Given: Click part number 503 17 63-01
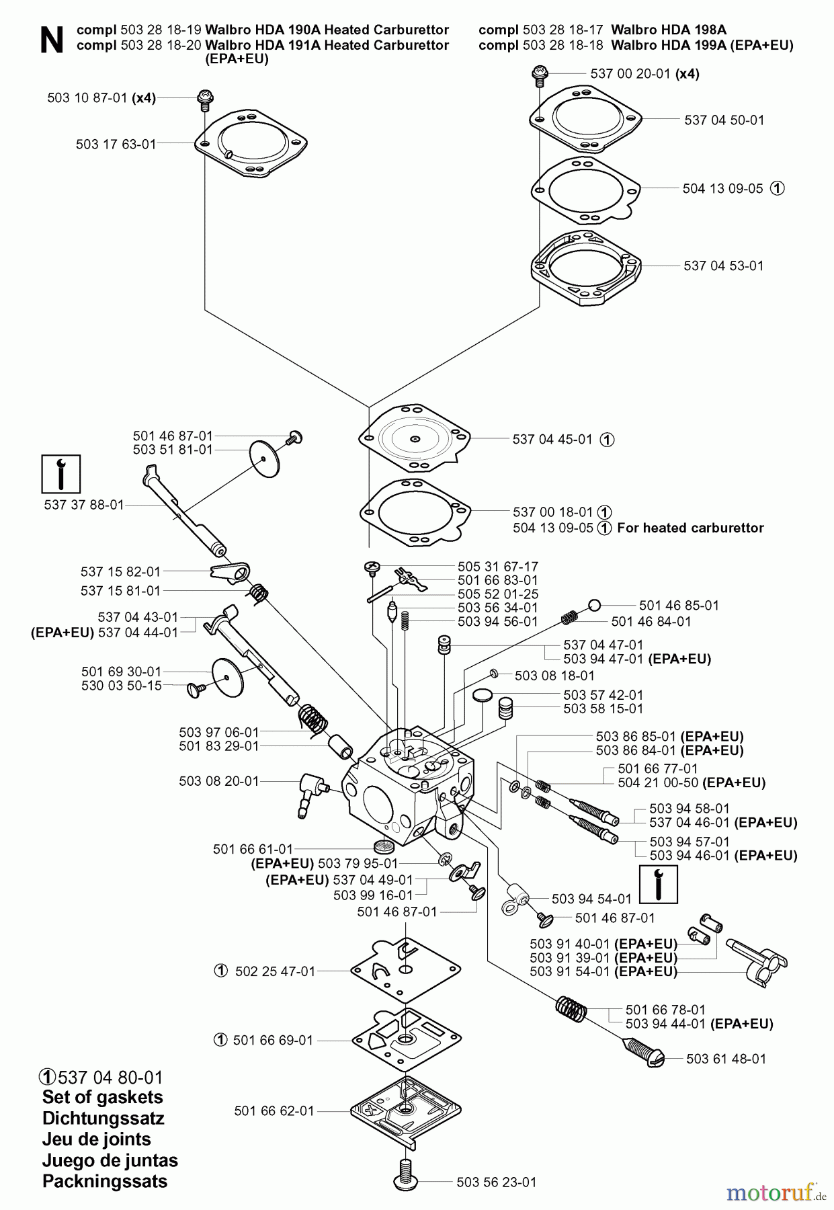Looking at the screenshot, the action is (x=116, y=144).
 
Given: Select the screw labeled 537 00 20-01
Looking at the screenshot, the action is (x=538, y=75).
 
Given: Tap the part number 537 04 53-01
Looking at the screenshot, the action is (x=724, y=266).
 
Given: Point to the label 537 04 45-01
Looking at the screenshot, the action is (x=552, y=440).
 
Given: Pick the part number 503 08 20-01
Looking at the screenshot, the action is (x=219, y=781).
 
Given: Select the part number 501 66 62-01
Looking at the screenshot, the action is (x=274, y=1111).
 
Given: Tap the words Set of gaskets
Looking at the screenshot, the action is (x=102, y=1097).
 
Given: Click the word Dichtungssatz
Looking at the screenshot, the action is (x=103, y=1119).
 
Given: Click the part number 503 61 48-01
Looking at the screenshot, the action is (x=726, y=1059).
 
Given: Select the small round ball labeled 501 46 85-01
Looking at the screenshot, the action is (x=594, y=604).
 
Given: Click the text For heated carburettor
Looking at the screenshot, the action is (x=690, y=528).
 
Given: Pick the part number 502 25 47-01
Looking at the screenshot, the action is (x=275, y=971).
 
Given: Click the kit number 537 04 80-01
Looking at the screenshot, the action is (x=110, y=1078).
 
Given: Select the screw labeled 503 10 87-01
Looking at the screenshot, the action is (x=204, y=101).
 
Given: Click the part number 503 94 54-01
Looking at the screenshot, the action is (x=591, y=899).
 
